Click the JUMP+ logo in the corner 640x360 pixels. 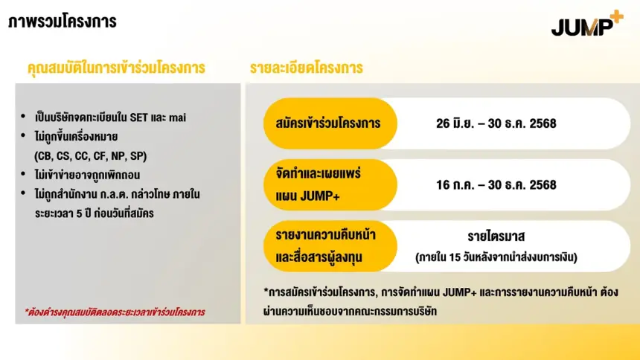click(x=587, y=24)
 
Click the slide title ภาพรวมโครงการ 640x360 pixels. click(x=63, y=22)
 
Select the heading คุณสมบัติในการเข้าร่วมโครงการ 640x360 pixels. click(x=116, y=68)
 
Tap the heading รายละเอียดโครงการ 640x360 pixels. click(x=306, y=68)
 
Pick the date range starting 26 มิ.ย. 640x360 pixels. click(x=496, y=123)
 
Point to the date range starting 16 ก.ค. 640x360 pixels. click(x=496, y=185)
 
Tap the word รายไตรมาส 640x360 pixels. click(x=496, y=237)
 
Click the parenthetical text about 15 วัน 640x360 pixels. click(x=496, y=257)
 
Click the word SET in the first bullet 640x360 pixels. click(x=138, y=118)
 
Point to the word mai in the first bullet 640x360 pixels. click(x=178, y=118)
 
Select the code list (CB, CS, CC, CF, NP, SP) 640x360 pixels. click(x=91, y=156)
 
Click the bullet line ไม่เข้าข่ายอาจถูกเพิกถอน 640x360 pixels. click(x=87, y=175)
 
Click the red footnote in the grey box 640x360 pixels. click(x=115, y=312)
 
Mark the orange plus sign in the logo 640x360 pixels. click(x=616, y=17)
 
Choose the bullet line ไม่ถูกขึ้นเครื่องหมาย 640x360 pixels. click(x=77, y=137)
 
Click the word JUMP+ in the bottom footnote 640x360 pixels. click(x=460, y=292)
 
